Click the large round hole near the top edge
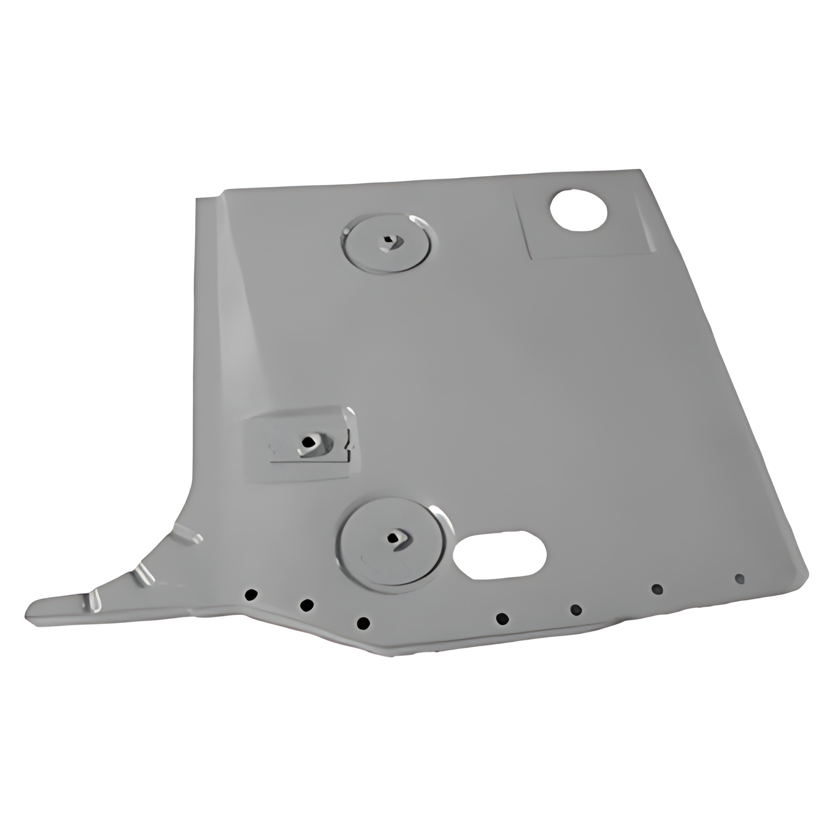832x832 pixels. click(x=578, y=209)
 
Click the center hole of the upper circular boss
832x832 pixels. click(x=387, y=242)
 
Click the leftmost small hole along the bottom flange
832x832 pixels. click(x=252, y=594)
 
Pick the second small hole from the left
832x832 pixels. click(x=307, y=605)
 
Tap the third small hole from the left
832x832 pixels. click(x=364, y=623)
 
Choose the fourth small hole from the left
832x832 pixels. click(x=502, y=618)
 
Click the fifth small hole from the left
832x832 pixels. click(x=576, y=609)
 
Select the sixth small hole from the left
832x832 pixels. click(x=657, y=589)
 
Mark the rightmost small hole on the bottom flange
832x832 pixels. click(x=739, y=578)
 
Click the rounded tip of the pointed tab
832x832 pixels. click(x=31, y=614)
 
